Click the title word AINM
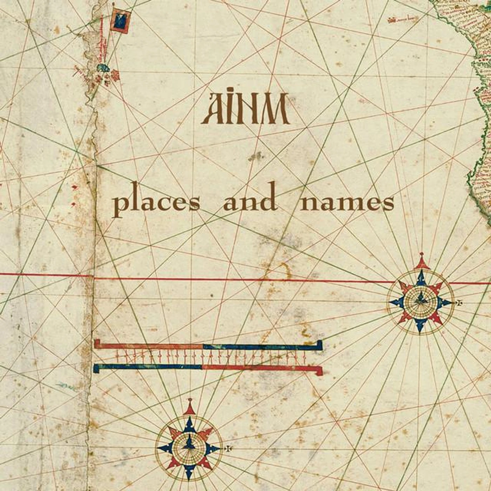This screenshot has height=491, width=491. (x=245, y=109)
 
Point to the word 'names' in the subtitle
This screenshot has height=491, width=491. (x=347, y=202)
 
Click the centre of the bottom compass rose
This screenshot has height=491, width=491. (x=189, y=448)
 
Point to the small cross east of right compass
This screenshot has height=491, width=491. (x=459, y=302)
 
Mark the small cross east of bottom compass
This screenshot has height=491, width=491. (x=228, y=448)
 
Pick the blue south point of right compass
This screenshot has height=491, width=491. (x=420, y=326)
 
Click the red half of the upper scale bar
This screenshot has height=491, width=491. (x=149, y=346)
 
